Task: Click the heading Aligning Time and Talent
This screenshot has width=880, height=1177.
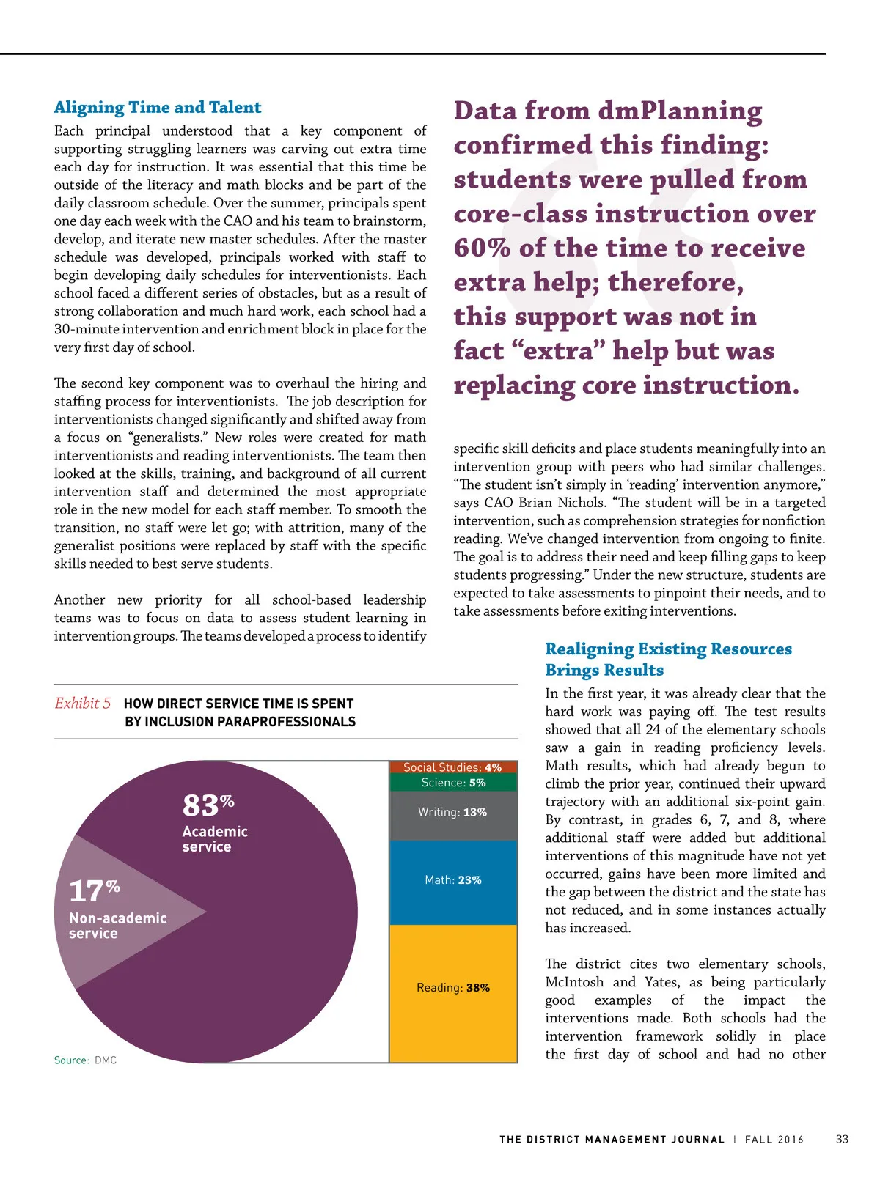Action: coord(158,108)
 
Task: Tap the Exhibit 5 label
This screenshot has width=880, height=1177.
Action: coord(83,704)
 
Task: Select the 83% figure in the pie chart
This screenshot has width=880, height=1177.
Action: coord(208,805)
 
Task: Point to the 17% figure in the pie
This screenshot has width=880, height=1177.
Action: coord(94,891)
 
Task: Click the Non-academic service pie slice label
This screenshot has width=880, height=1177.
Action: coord(117,926)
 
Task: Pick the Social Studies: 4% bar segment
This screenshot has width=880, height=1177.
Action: coord(452,767)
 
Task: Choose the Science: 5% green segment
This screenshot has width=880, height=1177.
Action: coord(453,783)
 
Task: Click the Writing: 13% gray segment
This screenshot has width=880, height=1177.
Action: coord(452,813)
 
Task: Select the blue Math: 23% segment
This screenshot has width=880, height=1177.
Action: coord(453,880)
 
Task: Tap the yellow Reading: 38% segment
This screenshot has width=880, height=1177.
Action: coord(453,988)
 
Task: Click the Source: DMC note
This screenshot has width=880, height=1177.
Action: coord(85,1060)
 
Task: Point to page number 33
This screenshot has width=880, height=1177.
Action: coord(842,1140)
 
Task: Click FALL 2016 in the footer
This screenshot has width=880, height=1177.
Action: coord(774,1140)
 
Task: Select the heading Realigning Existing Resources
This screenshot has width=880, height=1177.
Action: coord(668,649)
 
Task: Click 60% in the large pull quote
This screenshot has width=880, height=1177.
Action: coord(482,248)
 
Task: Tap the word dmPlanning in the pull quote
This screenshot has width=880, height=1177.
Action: coord(680,111)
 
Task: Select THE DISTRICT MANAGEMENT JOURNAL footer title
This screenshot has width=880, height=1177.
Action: coord(612,1140)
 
